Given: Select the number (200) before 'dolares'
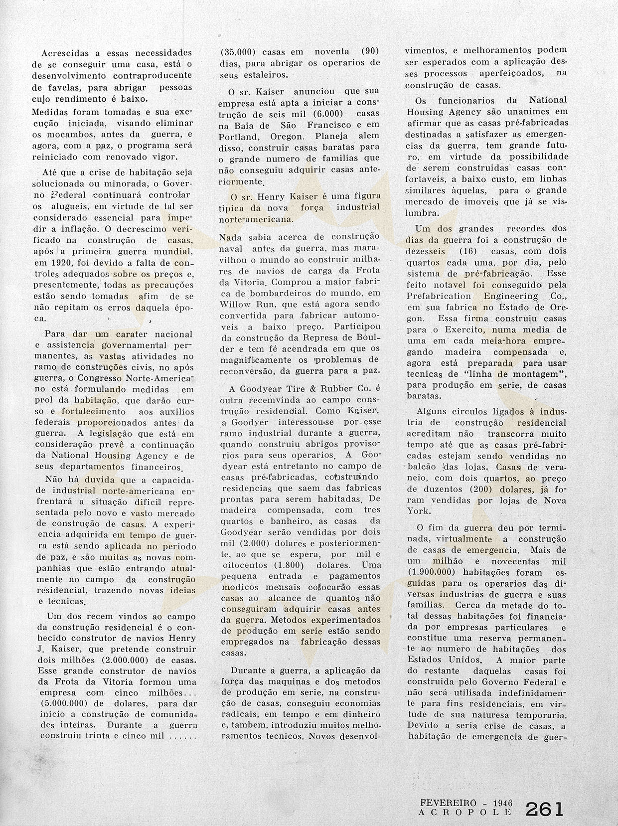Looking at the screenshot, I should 479,490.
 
